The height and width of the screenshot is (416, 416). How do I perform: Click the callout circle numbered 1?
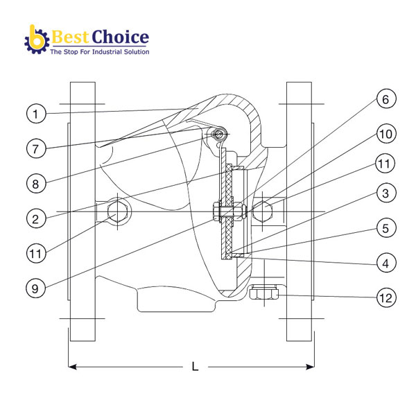(x=37, y=112)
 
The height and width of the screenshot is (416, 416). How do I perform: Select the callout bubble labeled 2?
(x=37, y=218)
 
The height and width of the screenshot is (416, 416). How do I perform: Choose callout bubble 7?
(x=37, y=148)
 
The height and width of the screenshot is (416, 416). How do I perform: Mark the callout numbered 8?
(x=37, y=184)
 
